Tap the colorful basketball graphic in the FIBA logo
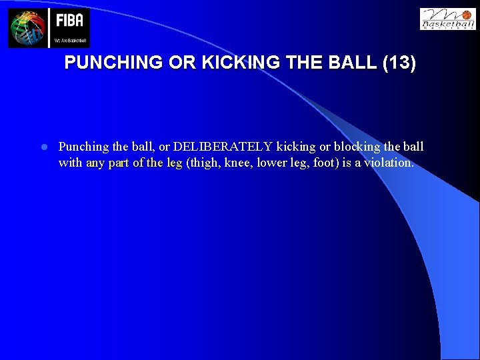(27, 28)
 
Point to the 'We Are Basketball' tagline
(69, 41)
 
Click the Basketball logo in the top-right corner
(447, 19)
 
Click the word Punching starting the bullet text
(83, 147)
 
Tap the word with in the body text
(71, 162)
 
